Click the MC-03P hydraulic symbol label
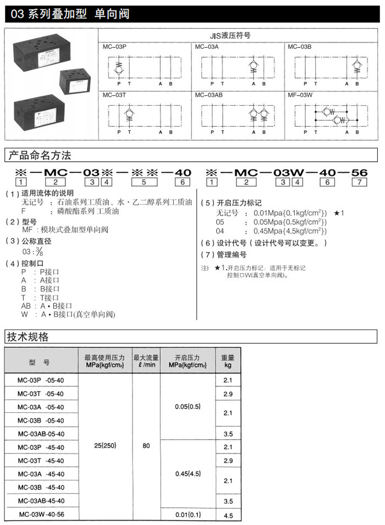point(114,47)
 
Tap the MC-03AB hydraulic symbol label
point(209,95)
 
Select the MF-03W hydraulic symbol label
point(300,95)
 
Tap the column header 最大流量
point(146,358)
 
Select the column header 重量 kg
point(228,361)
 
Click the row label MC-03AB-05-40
point(41,434)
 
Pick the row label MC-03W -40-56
point(41,515)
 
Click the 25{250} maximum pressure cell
point(106,445)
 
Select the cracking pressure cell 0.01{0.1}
point(188,515)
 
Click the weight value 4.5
point(228,516)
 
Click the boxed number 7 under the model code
point(359,182)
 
